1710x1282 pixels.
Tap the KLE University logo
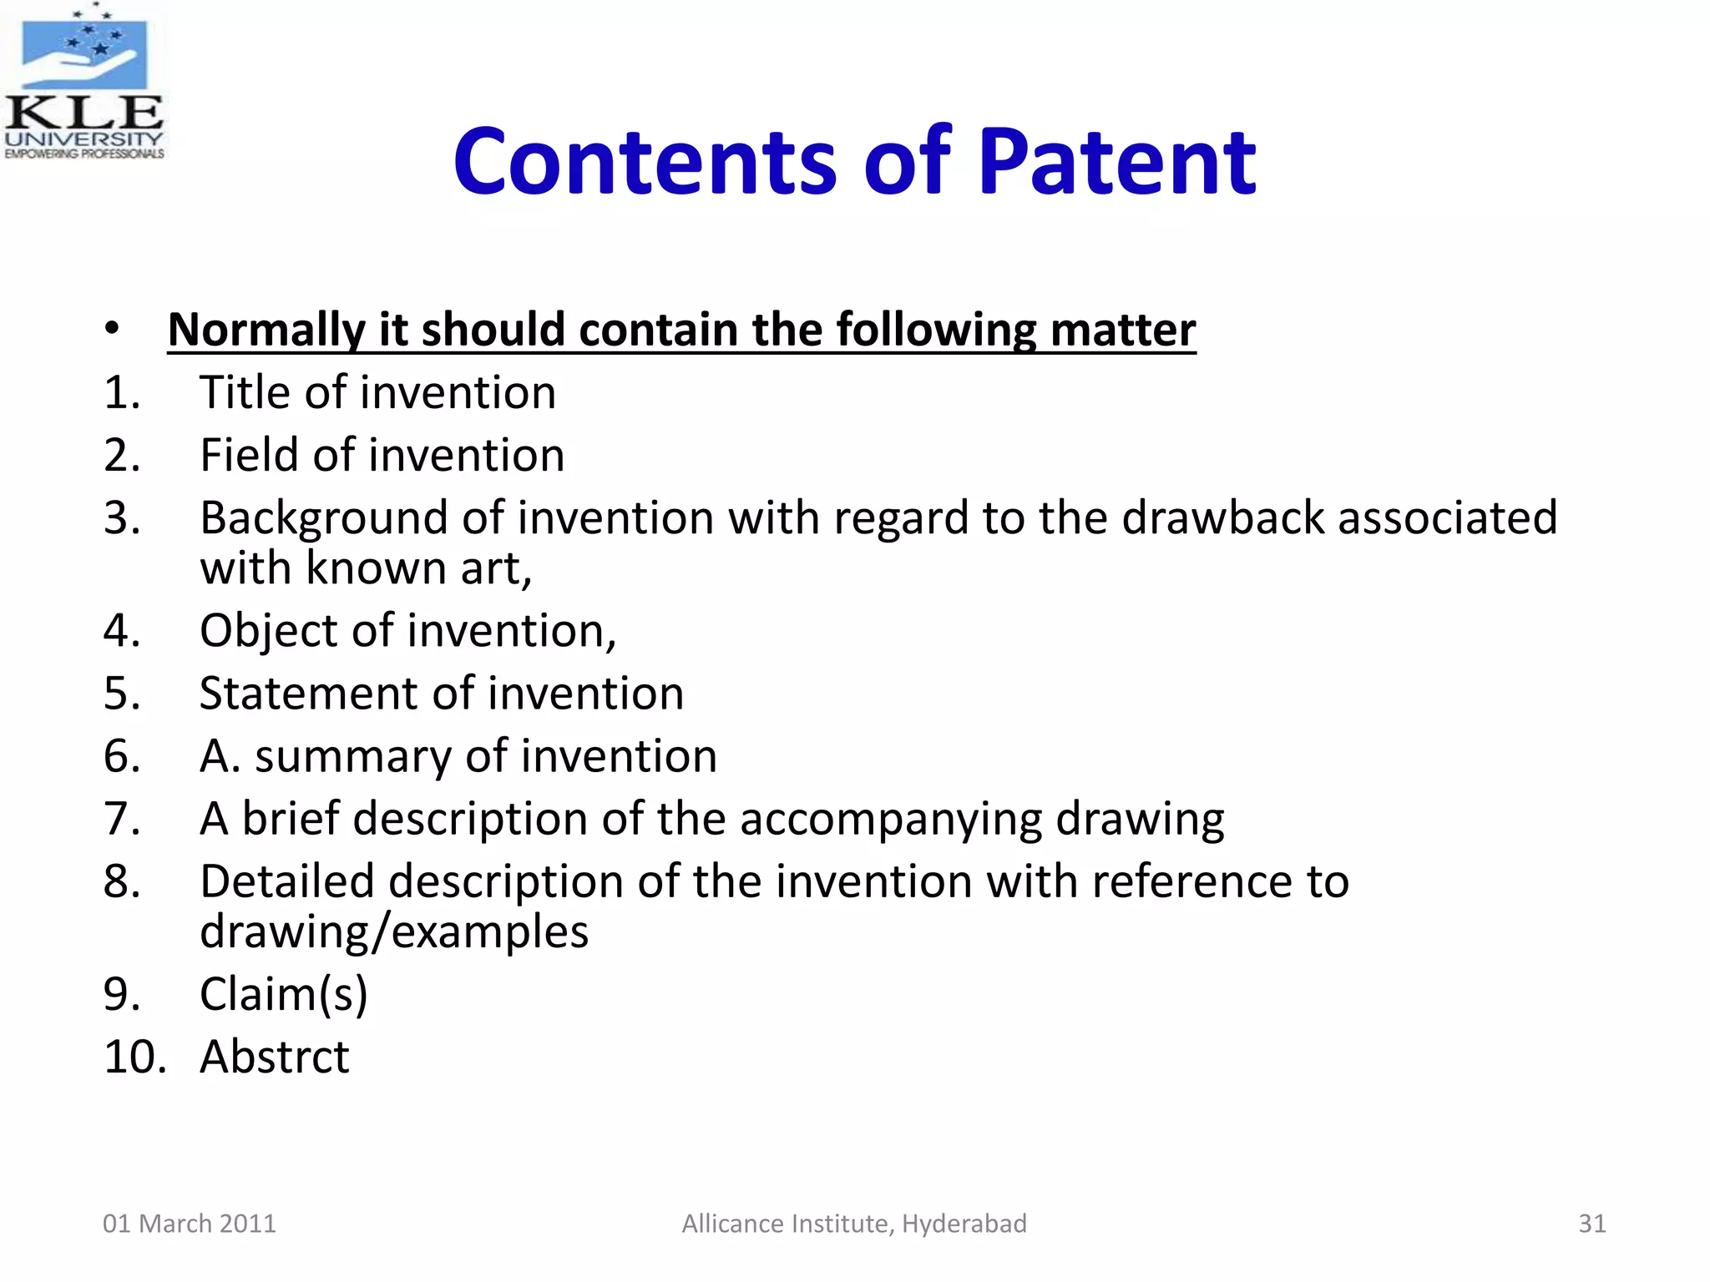coord(83,82)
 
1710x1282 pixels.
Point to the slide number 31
coord(1591,1224)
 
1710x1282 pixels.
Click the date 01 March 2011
coord(189,1224)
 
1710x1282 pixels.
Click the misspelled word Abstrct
coord(274,1057)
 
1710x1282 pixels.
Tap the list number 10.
coord(134,1057)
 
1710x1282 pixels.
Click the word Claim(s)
coord(283,994)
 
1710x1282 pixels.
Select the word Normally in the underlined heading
coord(266,331)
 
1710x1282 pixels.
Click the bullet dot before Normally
coord(113,329)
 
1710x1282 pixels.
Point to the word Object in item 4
coord(268,631)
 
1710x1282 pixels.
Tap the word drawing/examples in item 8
coord(393,931)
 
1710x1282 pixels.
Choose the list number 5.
coord(122,694)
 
